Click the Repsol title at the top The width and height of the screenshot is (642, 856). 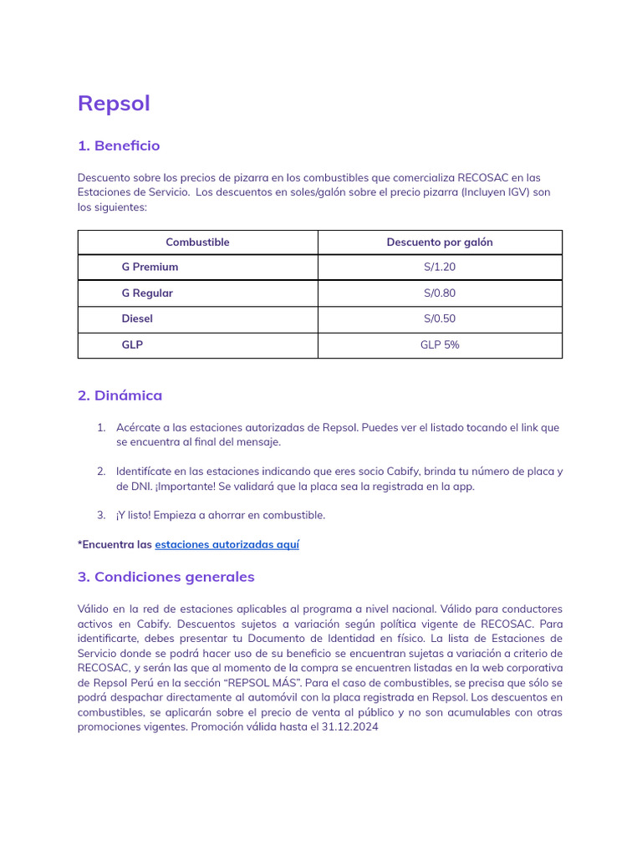pyautogui.click(x=114, y=104)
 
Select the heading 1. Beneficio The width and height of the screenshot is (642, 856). pyautogui.click(x=119, y=145)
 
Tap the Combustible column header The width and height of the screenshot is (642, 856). pyautogui.click(x=197, y=242)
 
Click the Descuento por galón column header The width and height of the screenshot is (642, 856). pyautogui.click(x=440, y=242)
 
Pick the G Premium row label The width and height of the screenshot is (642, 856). pyautogui.click(x=150, y=267)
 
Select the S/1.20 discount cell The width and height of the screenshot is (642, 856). pyautogui.click(x=440, y=267)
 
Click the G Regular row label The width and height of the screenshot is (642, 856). pyautogui.click(x=147, y=293)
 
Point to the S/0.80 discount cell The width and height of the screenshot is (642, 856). pyautogui.click(x=440, y=293)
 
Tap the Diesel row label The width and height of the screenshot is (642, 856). pyautogui.click(x=137, y=319)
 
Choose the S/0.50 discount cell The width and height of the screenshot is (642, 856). pyautogui.click(x=440, y=319)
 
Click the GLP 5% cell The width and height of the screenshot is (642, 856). pyautogui.click(x=440, y=345)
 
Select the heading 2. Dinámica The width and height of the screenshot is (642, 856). pyautogui.click(x=120, y=395)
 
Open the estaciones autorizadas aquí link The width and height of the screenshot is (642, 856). pyautogui.click(x=227, y=544)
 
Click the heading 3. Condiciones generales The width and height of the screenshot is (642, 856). pyautogui.click(x=166, y=577)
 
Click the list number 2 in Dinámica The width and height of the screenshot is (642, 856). pyautogui.click(x=100, y=471)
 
